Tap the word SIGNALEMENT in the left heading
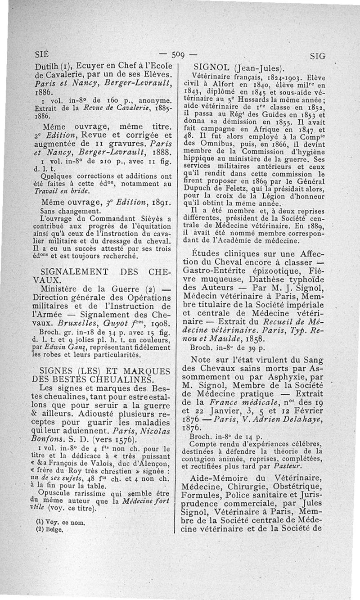74,272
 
